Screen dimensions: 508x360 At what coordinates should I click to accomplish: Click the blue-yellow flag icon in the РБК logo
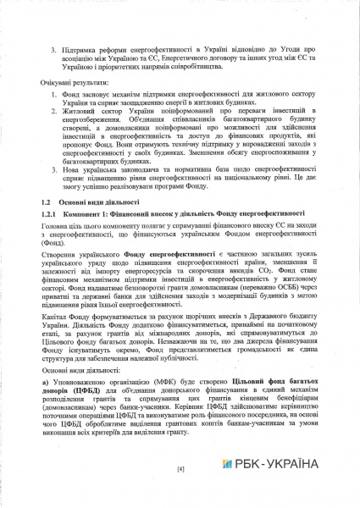[227, 464]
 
